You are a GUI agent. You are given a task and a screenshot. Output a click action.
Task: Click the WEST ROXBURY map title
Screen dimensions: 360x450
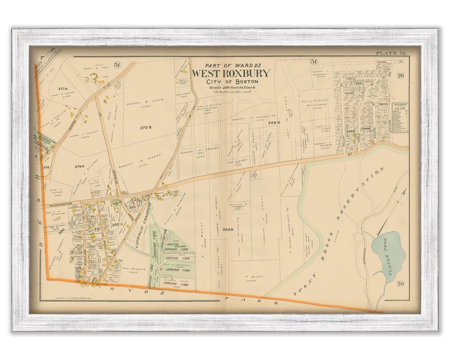pyautogui.click(x=230, y=74)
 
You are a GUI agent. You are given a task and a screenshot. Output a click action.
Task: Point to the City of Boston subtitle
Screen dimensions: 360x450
pyautogui.click(x=230, y=83)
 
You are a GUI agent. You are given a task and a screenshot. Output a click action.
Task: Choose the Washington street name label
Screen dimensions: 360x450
pyautogui.click(x=60, y=204)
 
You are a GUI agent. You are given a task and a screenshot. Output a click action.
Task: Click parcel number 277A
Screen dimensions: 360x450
pyautogui.click(x=63, y=89)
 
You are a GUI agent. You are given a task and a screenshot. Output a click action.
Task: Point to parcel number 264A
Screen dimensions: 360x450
pyautogui.click(x=228, y=230)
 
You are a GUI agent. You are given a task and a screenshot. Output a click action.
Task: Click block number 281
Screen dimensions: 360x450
pyautogui.click(x=97, y=229)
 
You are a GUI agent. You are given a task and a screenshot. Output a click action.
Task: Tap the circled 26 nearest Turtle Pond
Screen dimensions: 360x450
pyautogui.click(x=400, y=284)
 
